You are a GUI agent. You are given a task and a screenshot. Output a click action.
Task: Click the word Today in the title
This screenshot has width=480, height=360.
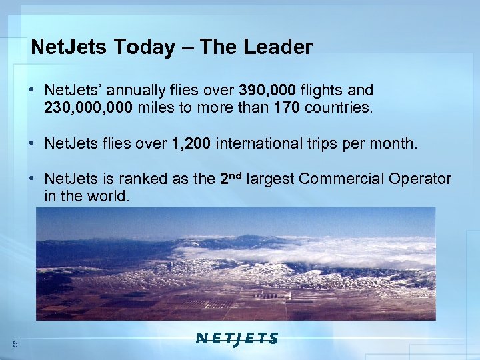tap(149, 47)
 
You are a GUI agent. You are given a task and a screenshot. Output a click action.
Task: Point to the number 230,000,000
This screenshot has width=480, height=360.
tap(89, 107)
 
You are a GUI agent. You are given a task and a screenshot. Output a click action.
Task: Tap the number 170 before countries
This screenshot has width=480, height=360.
tap(287, 107)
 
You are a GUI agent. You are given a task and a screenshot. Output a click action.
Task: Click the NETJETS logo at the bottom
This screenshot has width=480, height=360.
tap(237, 338)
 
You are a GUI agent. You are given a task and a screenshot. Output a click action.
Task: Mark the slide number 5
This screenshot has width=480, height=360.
tap(15, 343)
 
